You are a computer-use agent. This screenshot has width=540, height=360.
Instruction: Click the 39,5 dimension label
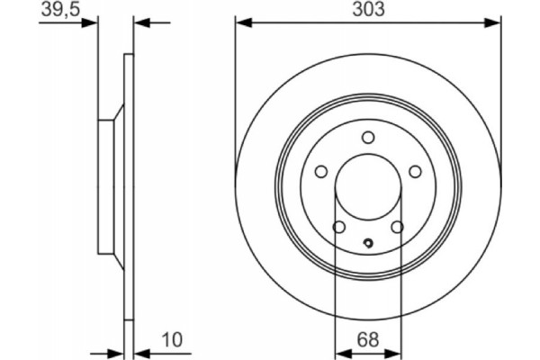(60, 10)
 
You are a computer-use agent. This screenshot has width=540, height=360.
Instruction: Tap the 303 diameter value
(367, 10)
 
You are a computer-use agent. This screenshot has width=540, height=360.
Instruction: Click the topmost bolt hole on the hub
(367, 137)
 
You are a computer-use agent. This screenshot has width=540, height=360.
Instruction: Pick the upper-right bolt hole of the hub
(415, 172)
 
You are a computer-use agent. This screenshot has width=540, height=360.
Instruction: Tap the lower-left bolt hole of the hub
(338, 227)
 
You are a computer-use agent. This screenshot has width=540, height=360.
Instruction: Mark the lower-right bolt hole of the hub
(397, 227)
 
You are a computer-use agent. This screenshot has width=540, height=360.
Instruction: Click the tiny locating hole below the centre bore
(367, 241)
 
